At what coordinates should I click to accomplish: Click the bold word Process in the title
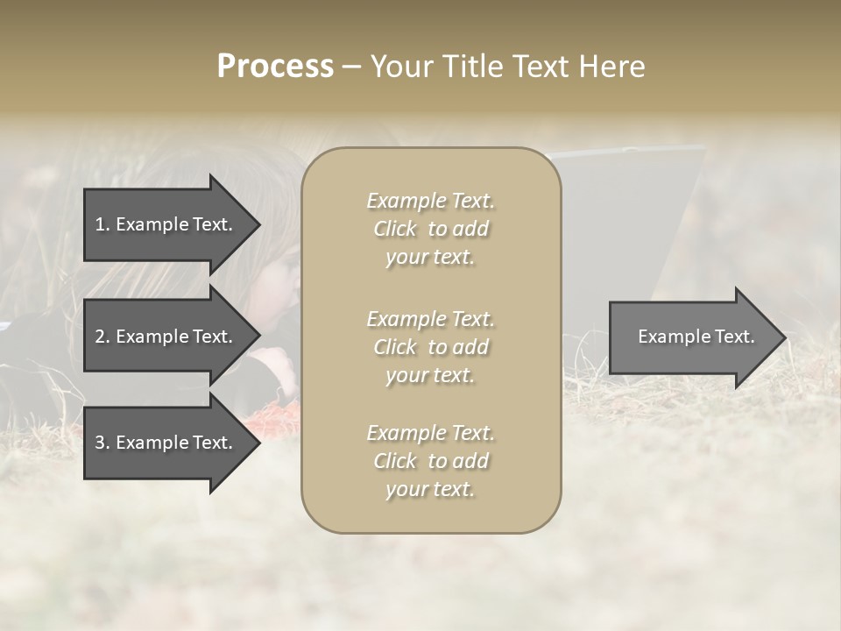275,67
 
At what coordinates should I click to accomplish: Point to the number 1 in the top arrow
100,224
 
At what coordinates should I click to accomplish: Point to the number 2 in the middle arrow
100,337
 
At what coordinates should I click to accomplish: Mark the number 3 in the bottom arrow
100,443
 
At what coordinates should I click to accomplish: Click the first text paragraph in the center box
430,229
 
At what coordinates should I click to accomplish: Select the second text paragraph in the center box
430,347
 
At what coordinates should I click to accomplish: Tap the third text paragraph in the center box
430,461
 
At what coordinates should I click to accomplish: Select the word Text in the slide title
543,67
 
